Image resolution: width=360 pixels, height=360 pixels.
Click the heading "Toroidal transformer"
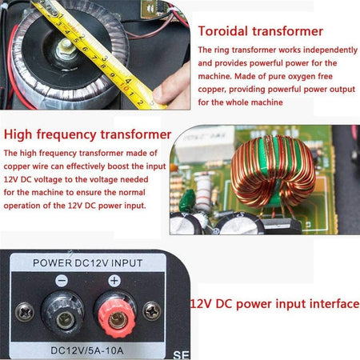coord(261,31)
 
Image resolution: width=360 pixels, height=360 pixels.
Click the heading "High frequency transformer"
coord(87,134)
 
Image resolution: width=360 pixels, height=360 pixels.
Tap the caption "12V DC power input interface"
coord(275,304)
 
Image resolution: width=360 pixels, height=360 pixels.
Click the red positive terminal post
coord(117,318)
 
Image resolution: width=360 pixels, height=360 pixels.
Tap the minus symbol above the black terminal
coord(62,281)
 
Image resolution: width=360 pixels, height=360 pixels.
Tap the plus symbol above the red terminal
coord(114,281)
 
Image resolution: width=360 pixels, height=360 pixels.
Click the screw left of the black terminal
coord(24,312)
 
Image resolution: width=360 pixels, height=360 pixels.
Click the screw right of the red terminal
coord(152,311)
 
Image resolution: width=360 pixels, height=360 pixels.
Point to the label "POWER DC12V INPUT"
coord(87,263)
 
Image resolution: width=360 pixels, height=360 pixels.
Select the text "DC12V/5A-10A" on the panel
coord(87,350)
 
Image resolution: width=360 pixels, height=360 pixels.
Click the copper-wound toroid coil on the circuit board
coord(273,170)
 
